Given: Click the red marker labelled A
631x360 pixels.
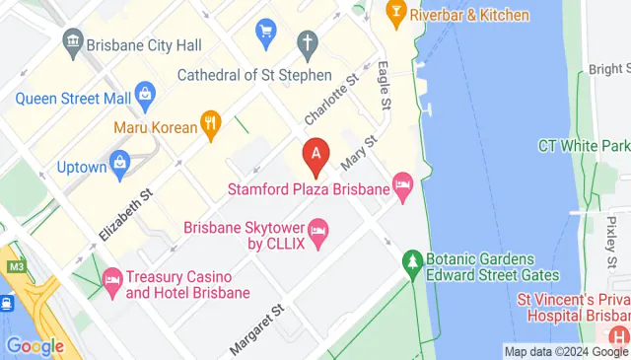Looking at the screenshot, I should point(315,155).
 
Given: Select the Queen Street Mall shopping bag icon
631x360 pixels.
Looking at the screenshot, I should point(146,97).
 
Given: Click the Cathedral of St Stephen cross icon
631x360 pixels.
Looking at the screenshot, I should point(308,42).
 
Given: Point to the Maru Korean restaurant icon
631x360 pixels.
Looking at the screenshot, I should point(210,124).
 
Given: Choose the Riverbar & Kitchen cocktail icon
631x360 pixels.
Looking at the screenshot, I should point(395,13).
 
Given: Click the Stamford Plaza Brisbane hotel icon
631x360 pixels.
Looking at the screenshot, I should point(402,184).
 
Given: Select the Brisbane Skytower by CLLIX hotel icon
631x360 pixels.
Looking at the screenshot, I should point(317,233).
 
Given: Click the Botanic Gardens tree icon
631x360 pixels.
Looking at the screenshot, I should point(412,262).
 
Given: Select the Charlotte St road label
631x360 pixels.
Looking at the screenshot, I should point(330,101).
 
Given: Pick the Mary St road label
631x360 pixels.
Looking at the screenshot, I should point(358,151).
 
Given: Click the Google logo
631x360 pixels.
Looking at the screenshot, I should point(35,346).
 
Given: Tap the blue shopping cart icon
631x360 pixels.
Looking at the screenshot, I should point(264,33).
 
